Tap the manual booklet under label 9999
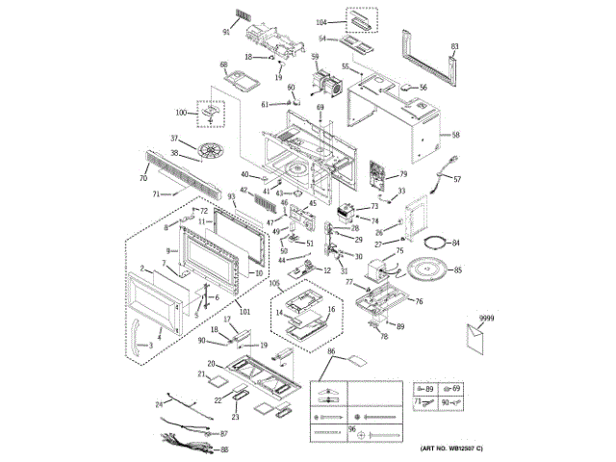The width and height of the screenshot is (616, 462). (x=474, y=339)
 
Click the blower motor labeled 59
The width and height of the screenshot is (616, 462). (x=327, y=85)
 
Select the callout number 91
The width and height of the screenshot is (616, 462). (x=226, y=32)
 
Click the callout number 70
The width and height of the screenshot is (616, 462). (x=142, y=178)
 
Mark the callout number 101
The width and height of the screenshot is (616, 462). (x=244, y=311)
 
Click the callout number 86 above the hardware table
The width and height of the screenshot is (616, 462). (x=331, y=354)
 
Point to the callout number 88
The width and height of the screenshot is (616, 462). (x=225, y=449)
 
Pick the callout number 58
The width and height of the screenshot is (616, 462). (x=456, y=135)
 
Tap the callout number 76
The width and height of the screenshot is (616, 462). (x=419, y=301)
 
